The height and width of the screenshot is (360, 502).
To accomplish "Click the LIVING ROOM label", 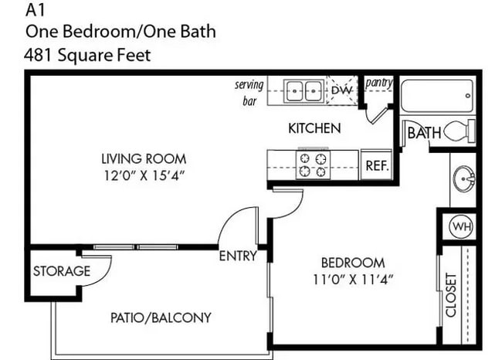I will point(144,159).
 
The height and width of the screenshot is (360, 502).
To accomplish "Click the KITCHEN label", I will point(314,128).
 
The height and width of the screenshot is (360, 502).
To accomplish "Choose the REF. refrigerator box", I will point(376,165).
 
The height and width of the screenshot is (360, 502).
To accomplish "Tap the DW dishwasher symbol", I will point(341,91).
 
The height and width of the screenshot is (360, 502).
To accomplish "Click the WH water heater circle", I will point(461,227).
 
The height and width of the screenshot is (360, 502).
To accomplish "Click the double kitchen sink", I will point(304,91).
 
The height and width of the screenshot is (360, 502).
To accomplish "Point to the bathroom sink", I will point(466,179).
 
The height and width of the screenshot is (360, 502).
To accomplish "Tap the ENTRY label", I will point(237,256).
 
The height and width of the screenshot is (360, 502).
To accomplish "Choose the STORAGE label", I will point(61,271).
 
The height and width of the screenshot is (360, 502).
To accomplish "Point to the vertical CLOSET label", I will point(451,295).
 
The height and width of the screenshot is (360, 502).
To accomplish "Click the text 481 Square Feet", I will point(87,55).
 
